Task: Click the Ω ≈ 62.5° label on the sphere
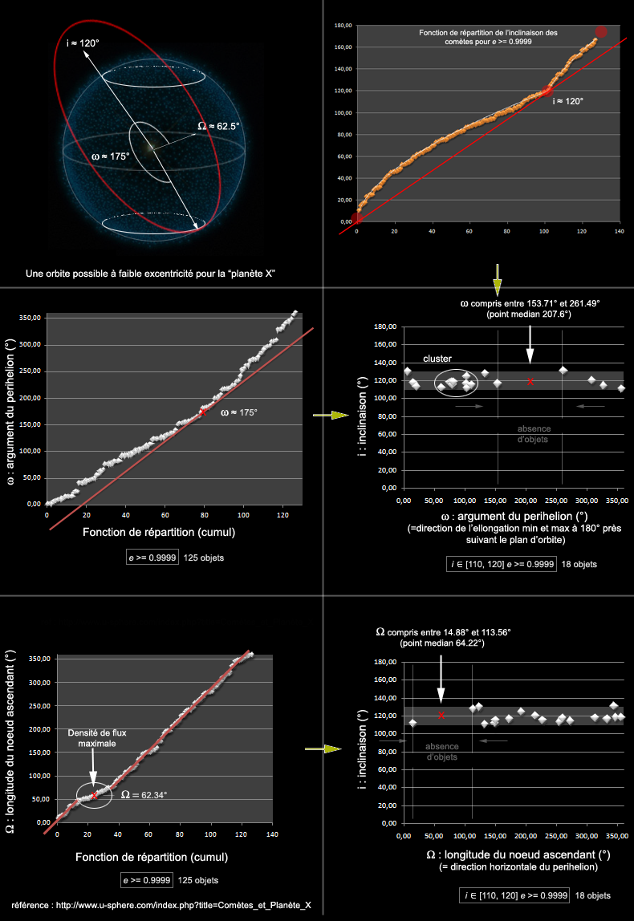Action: pos(218,126)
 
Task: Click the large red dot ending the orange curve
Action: pos(600,32)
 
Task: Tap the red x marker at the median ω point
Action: pos(530,382)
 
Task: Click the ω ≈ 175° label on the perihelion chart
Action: pos(239,412)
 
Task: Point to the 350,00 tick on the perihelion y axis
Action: pos(30,318)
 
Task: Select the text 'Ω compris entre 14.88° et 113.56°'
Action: pos(443,632)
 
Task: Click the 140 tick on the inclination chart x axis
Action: pos(619,230)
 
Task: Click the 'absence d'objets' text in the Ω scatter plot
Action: pos(442,752)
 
